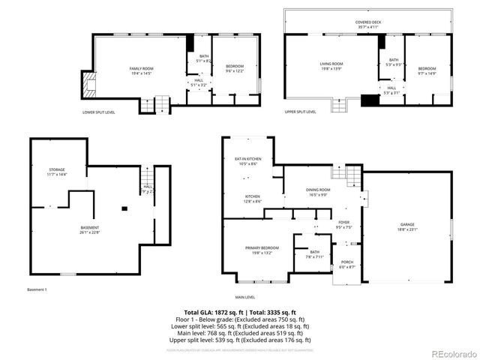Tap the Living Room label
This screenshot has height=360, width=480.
(x=331, y=65)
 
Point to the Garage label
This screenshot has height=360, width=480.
(x=407, y=225)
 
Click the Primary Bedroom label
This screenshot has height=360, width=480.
(x=262, y=249)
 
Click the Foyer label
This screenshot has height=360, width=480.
(x=343, y=223)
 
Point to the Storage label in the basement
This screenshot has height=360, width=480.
(x=57, y=172)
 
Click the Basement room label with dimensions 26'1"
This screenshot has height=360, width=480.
(x=90, y=229)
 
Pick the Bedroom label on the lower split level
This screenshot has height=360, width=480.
(x=235, y=68)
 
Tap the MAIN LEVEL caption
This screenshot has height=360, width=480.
(x=245, y=298)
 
